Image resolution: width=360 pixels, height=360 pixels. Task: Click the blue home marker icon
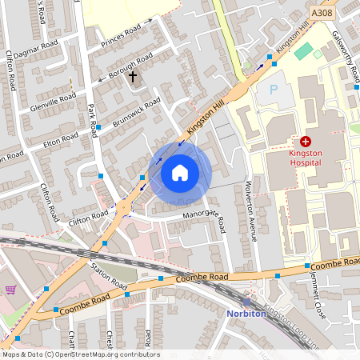(180, 173)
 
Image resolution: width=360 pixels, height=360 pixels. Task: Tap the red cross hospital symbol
(305, 141)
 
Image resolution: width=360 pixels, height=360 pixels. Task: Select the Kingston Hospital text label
(305, 156)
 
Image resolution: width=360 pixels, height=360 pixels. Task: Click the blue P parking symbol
(274, 90)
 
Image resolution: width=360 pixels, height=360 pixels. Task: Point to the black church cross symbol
(134, 78)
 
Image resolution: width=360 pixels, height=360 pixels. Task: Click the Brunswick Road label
(137, 111)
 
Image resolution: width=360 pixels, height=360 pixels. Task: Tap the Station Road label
(109, 276)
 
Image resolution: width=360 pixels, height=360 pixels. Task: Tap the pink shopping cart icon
(10, 290)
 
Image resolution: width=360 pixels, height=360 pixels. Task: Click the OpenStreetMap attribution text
(81, 354)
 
